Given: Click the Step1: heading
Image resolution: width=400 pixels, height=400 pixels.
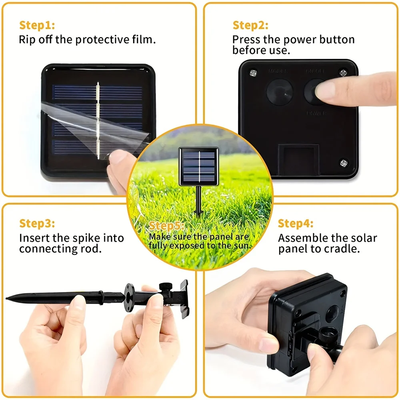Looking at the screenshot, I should click(x=37, y=26).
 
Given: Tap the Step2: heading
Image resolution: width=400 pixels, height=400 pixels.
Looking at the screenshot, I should click(x=250, y=26).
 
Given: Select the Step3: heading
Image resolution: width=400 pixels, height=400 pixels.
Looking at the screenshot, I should click(x=37, y=223).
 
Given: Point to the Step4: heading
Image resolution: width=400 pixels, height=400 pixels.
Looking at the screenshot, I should click(x=296, y=223).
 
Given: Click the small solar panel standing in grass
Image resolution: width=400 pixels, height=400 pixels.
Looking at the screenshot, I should click(x=198, y=166).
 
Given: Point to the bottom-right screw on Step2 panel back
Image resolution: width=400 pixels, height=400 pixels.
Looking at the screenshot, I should click(x=344, y=163).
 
